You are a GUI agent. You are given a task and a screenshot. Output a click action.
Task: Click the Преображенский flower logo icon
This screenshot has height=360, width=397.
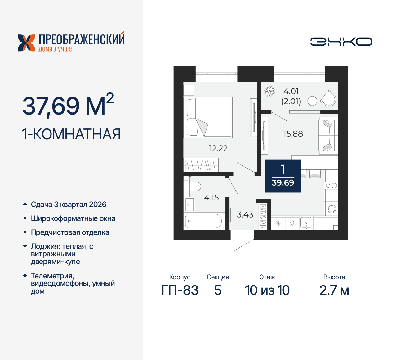26,43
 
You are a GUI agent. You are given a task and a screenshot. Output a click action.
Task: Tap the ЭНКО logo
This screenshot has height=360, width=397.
341,42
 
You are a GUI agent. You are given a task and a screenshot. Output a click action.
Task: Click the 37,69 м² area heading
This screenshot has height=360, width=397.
68,106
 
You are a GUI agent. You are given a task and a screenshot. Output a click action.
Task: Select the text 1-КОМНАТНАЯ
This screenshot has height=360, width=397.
71,134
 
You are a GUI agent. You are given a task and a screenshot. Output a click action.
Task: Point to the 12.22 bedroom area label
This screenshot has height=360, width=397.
218,148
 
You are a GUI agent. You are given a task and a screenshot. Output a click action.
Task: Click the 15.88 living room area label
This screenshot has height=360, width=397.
293,134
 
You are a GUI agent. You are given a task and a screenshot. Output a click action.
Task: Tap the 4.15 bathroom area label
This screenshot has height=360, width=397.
212,197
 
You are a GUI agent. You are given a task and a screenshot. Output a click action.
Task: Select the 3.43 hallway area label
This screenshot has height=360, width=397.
245,214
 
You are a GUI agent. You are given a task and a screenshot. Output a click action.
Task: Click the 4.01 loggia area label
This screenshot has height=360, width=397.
291,92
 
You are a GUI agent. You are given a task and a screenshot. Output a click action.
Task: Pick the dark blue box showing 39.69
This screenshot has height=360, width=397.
283,176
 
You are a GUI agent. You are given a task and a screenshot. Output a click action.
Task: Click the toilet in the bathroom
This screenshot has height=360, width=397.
194,187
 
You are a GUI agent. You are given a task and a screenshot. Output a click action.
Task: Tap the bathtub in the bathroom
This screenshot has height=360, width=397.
203,221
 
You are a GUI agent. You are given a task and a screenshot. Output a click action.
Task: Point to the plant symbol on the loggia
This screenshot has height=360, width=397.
269,92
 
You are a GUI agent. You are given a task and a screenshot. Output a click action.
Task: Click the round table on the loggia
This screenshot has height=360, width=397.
312,101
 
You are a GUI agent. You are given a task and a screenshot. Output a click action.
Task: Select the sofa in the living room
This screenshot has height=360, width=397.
328,136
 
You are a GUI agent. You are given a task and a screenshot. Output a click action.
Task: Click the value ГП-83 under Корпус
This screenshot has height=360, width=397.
180,290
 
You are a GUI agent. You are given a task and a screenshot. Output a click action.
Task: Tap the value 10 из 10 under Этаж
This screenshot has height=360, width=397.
267,290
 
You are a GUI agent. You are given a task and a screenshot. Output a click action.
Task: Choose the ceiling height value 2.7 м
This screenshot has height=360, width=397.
334,290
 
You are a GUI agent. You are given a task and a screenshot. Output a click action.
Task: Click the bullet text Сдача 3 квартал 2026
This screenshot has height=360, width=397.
69,205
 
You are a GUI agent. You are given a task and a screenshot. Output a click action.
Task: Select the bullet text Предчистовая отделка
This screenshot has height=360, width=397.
70,232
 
